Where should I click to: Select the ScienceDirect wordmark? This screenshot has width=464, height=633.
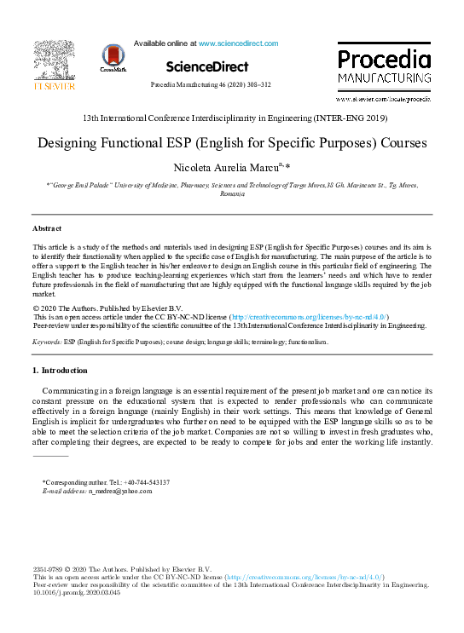(x=207, y=66)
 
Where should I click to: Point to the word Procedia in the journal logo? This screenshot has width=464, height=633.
(x=384, y=59)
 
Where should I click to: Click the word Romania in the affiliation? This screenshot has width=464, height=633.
(x=232, y=194)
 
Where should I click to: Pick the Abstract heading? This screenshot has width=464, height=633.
(x=47, y=228)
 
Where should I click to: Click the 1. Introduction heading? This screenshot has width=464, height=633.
(x=59, y=371)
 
